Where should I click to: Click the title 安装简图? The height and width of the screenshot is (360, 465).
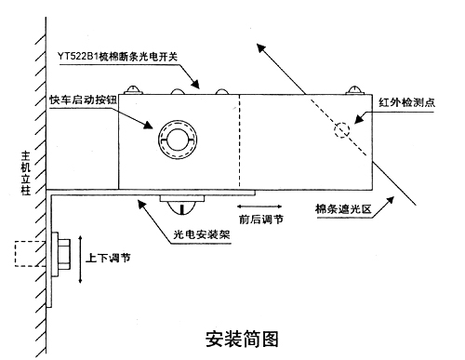[x=242, y=339]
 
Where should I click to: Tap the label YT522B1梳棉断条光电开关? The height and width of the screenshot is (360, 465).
[x=117, y=57]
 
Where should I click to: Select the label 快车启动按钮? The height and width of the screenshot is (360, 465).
[x=83, y=100]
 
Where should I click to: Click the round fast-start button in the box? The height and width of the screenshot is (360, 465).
[x=178, y=140]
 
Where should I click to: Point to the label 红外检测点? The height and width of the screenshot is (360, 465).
[x=406, y=102]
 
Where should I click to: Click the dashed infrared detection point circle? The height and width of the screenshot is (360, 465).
[x=342, y=130]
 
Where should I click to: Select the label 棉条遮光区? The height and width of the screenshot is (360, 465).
[x=343, y=208]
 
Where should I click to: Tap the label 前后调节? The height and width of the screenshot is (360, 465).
[x=261, y=220]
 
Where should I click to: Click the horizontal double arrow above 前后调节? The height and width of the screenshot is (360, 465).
[x=259, y=207]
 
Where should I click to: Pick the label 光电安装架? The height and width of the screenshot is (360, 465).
[x=202, y=234]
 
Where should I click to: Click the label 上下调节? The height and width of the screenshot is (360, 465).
[x=108, y=258]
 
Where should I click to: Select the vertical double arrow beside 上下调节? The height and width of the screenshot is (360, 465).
[x=80, y=260]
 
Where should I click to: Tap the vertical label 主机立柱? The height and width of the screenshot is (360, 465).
[x=26, y=173]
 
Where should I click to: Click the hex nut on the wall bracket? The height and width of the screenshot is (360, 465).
[x=64, y=254]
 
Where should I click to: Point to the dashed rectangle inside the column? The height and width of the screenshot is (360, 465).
[x=31, y=254]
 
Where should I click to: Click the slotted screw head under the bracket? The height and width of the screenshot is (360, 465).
[x=182, y=207]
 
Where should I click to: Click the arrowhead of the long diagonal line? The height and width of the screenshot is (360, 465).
[x=261, y=48]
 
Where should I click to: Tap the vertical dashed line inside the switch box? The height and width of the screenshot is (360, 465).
[x=239, y=141]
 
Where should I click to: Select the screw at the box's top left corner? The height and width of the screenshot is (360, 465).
[x=134, y=89]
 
